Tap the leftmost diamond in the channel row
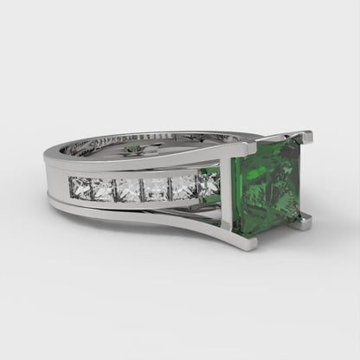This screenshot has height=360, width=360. pyautogui.click(x=80, y=186)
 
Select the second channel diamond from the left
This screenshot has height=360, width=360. pyautogui.click(x=104, y=187)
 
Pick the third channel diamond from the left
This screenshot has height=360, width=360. pyautogui.click(x=130, y=188)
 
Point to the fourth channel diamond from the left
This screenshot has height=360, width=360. pyautogui.click(x=157, y=188)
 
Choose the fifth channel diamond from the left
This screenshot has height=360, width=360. pyautogui.click(x=183, y=187)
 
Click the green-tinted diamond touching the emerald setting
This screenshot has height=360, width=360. pyautogui.click(x=209, y=183)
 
